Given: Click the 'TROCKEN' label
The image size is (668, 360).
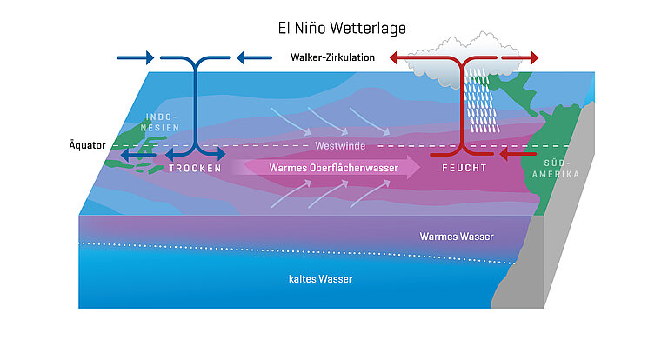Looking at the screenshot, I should (x=195, y=168).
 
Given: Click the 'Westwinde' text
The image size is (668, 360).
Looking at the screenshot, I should (x=339, y=145).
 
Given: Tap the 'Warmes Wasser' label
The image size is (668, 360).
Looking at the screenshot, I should (x=456, y=236).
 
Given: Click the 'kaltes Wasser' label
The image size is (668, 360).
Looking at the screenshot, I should (x=320, y=278).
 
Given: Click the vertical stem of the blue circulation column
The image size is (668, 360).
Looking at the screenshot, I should (x=196, y=104).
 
